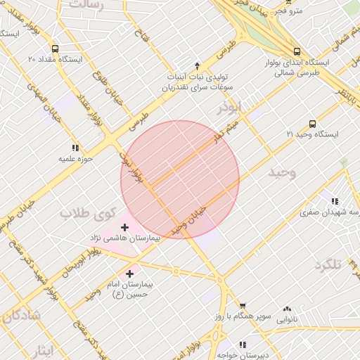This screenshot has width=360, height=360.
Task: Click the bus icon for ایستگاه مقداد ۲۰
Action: (x=56, y=50)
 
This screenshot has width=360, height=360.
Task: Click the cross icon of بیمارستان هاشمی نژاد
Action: (x=125, y=227)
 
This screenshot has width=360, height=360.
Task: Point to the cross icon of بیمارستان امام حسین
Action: (x=131, y=273)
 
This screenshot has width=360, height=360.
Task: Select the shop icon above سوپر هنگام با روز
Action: (x=243, y=306)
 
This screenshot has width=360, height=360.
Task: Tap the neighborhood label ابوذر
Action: (x=230, y=108)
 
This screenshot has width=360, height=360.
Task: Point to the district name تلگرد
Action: (x=328, y=264)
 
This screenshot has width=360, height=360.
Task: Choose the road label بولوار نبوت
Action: (x=134, y=169)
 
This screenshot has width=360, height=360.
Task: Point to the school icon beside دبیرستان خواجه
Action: (x=243, y=345)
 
